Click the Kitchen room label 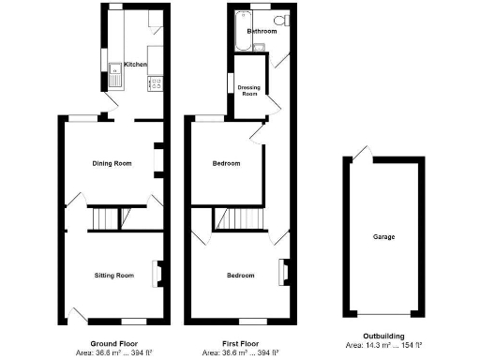click(136, 65)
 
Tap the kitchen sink click(116, 67)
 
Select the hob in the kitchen click(150, 82)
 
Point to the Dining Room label click(111, 163)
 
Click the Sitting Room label click(113, 276)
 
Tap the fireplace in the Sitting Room click(157, 273)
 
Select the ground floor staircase click(105, 219)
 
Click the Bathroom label click(262, 31)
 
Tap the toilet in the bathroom click(279, 22)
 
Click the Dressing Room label click(249, 91)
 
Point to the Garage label click(383, 237)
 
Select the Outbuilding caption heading click(383, 337)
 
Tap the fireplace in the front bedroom click(279, 273)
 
